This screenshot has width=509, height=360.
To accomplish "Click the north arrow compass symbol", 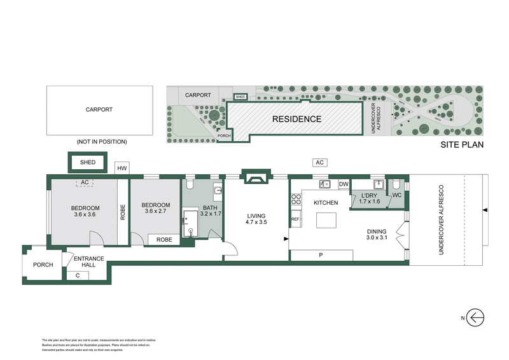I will [x=476, y=316].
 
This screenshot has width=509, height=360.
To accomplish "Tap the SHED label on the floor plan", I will [x=88, y=163].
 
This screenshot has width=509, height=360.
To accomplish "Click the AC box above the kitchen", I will [x=320, y=163].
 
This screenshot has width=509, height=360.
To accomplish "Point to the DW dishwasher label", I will [x=344, y=184].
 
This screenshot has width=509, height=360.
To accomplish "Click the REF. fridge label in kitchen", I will [x=295, y=219].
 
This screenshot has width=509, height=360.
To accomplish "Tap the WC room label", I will [x=395, y=195].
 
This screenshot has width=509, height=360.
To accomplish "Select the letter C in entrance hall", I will [x=78, y=275].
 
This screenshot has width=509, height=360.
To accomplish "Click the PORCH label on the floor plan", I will [x=43, y=265].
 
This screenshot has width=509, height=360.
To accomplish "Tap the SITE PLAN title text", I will [x=463, y=145].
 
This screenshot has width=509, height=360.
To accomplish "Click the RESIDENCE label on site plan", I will [x=296, y=119].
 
